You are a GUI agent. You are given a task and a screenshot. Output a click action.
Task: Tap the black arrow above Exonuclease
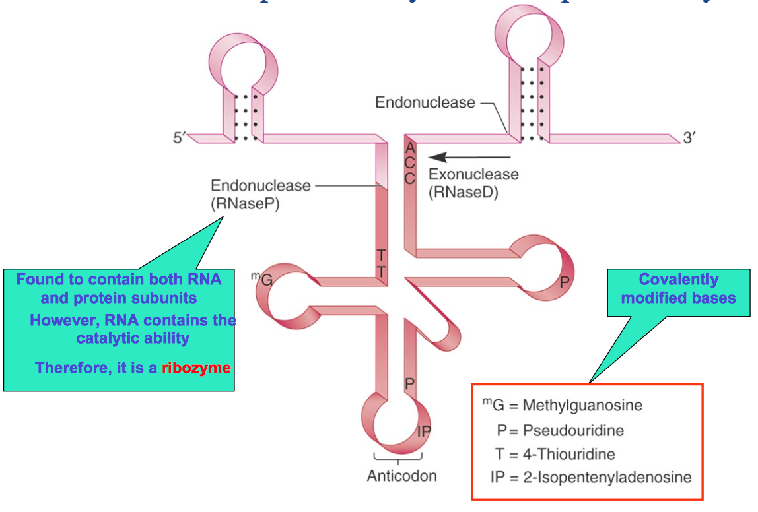pyautogui.click(x=469, y=158)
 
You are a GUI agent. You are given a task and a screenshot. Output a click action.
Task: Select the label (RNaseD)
pyautogui.click(x=462, y=193)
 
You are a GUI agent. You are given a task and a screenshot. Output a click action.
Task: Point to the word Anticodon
pyautogui.click(x=402, y=476)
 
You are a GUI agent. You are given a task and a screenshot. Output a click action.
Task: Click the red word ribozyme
pyautogui.click(x=196, y=368)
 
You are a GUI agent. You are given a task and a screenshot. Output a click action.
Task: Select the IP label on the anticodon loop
pyautogui.click(x=423, y=432)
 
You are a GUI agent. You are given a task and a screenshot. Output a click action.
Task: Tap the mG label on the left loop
pyautogui.click(x=262, y=279)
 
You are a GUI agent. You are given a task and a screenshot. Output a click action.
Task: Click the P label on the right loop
pyautogui.click(x=564, y=282)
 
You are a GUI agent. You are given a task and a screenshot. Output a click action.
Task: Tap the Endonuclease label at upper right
pyautogui.click(x=425, y=102)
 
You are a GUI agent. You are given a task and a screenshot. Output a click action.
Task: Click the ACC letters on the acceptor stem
pyautogui.click(x=409, y=162)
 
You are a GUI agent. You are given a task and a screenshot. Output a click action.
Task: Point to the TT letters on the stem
pyautogui.click(x=382, y=263)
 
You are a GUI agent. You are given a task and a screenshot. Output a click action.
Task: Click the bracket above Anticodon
pyautogui.click(x=397, y=457)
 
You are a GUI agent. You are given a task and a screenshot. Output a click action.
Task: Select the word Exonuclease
pyautogui.click(x=473, y=175)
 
